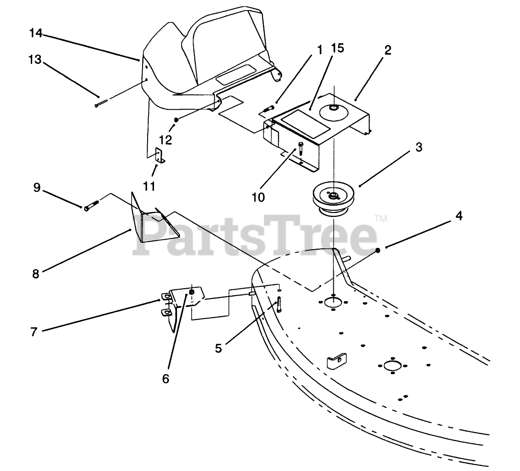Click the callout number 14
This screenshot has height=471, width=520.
(36, 33)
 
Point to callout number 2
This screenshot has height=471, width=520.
(388, 50)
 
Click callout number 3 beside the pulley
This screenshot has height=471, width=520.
(418, 148)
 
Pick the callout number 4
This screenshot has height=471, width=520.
(458, 216)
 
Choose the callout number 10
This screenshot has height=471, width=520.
(258, 197)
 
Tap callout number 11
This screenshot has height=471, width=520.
(149, 186)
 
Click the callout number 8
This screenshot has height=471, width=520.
(35, 274)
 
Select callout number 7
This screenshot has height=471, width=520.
(33, 331)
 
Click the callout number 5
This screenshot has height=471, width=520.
(218, 348)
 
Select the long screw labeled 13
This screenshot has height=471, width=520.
(101, 103)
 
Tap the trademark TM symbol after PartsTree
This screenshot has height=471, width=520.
(381, 219)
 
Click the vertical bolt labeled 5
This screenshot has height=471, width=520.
(279, 304)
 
